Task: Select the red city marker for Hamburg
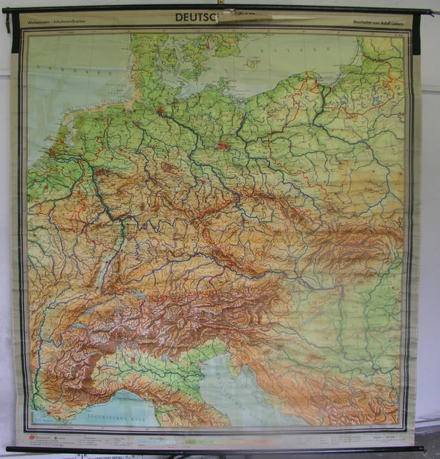point(159,111)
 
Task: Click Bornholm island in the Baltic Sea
point(251,63)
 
